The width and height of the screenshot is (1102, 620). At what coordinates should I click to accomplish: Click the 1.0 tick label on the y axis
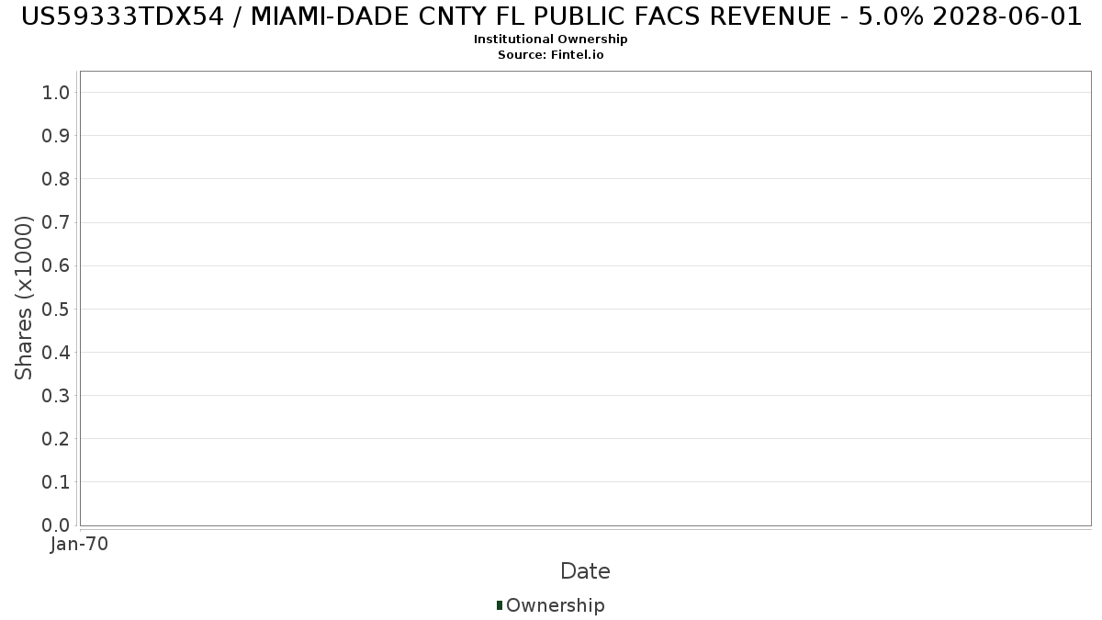coord(56,93)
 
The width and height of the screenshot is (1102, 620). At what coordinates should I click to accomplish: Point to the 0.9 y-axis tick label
coord(56,136)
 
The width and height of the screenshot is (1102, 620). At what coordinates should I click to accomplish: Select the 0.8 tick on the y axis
coord(56,179)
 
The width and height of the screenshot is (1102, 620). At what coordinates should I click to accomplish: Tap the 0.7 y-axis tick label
coord(56,222)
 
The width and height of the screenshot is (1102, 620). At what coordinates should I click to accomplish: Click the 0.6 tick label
coord(56,265)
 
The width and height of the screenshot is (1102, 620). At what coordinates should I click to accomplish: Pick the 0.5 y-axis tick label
coord(56,309)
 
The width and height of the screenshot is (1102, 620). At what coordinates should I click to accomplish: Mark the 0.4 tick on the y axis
coord(56,353)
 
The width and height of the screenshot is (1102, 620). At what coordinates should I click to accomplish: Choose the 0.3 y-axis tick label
coord(56,396)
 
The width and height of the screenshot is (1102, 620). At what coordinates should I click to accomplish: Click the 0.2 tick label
coord(56,439)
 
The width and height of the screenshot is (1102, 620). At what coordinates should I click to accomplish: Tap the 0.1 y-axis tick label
coord(56,482)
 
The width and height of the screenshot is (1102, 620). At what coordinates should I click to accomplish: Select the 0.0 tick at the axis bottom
coord(56,525)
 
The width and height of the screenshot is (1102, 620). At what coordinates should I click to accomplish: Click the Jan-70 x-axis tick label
coord(79,544)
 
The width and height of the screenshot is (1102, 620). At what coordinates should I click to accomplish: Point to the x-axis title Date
coord(586,571)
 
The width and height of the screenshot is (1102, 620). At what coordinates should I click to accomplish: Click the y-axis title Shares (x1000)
coord(23,299)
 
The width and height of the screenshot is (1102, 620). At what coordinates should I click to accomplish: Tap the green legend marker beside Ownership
coord(500,605)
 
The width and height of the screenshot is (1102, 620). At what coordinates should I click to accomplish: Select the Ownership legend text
coord(556,605)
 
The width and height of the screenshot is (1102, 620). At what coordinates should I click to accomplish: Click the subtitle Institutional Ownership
coord(550,39)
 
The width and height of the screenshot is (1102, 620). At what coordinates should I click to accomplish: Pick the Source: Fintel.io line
coord(550,54)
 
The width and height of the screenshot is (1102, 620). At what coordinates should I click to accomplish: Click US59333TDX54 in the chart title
coord(122,17)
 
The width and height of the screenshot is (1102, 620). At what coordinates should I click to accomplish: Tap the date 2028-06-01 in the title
coord(1007,17)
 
